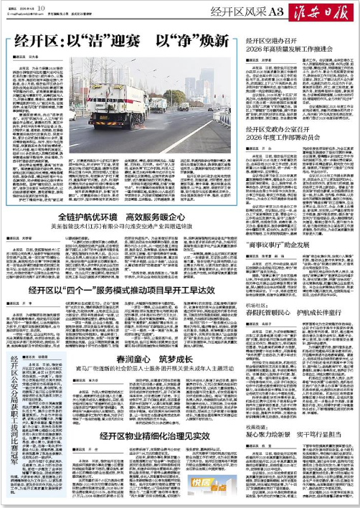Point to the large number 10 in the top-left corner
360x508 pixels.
pos(42,7)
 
